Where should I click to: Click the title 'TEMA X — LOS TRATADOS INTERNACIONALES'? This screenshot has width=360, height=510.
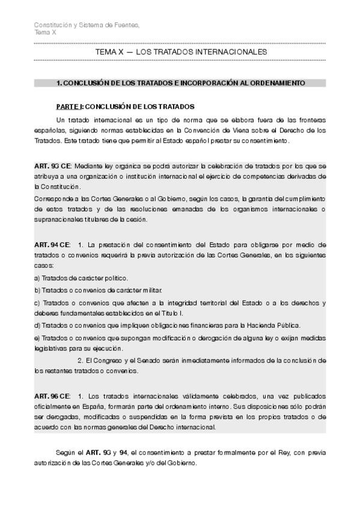click(181, 53)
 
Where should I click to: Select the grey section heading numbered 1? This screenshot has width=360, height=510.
click(180, 82)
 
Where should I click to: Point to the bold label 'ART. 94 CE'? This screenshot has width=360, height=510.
click(52, 244)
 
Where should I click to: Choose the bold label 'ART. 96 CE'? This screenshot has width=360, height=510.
click(52, 396)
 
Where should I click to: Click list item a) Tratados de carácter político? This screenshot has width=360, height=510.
click(81, 278)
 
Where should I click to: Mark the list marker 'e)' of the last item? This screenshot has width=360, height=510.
click(37, 337)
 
